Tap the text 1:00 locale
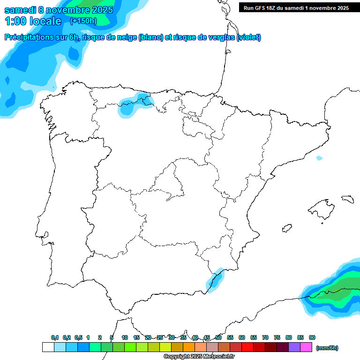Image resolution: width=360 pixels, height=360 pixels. [33, 21]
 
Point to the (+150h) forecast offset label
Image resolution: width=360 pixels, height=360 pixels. [83, 21]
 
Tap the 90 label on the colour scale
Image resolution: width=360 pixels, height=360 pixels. [312, 337]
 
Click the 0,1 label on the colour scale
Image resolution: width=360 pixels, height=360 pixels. [55, 337]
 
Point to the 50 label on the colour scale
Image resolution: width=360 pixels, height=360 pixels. [218, 337]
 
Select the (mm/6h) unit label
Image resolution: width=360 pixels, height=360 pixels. [327, 348]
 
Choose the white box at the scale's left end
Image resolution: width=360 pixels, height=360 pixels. [48, 347]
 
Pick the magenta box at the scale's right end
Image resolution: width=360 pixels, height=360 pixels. [306, 347]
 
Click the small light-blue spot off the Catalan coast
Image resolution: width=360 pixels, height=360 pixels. [319, 158]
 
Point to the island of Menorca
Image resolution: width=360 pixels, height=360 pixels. [347, 199]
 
